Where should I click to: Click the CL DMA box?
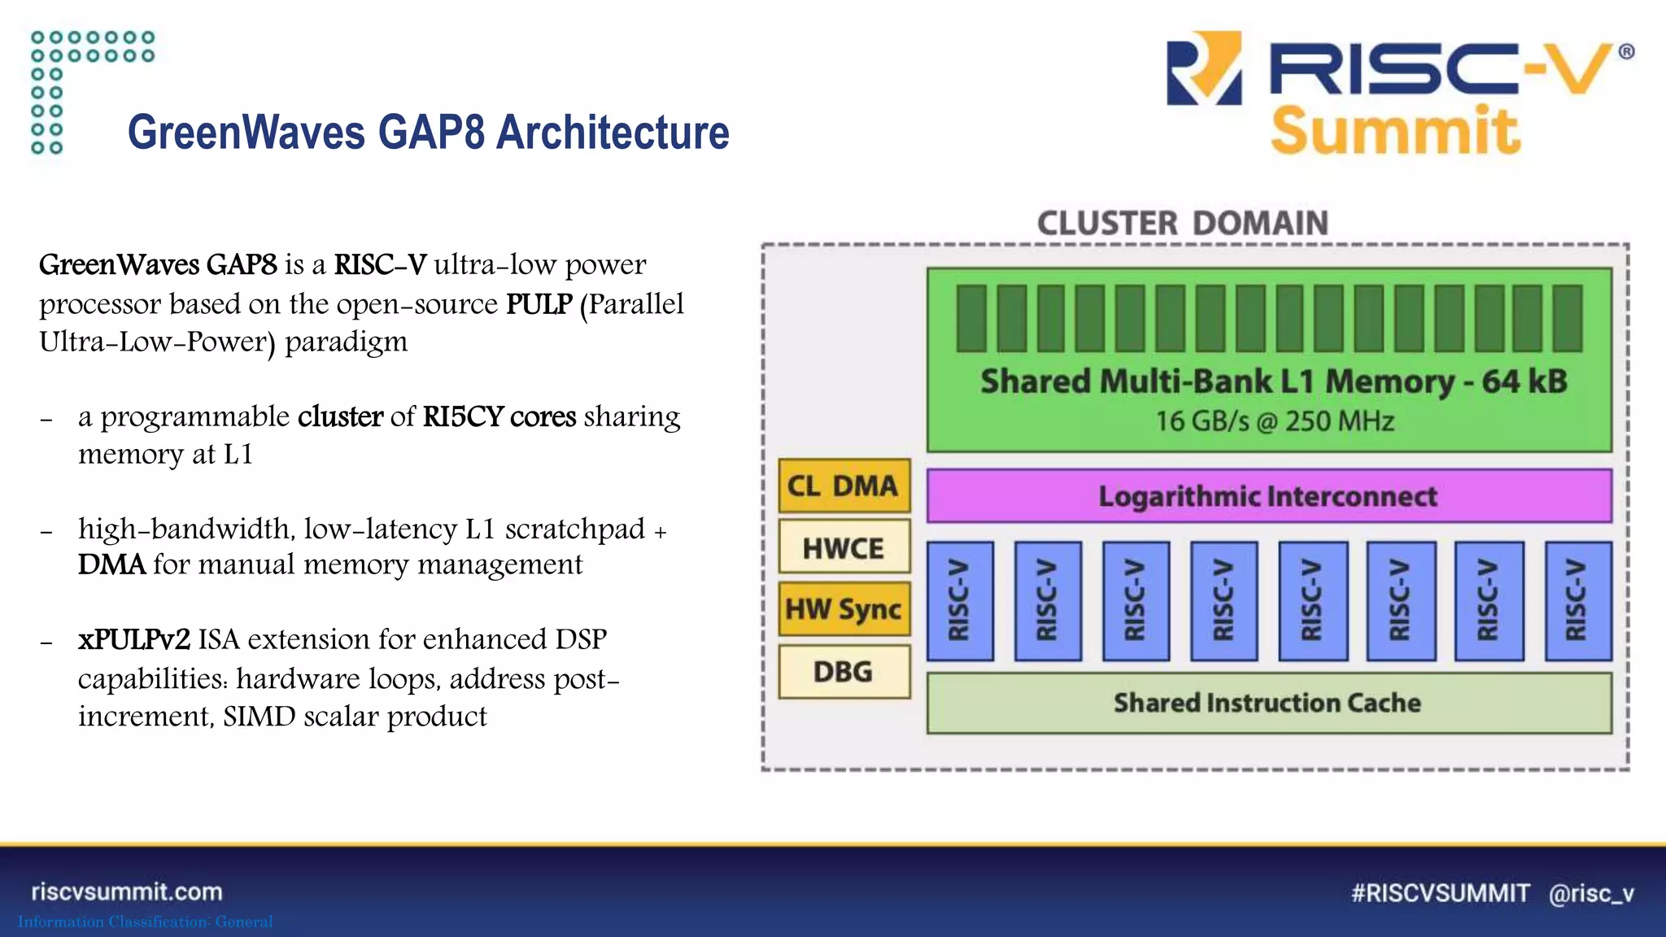[x=844, y=486]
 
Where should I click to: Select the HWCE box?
[x=844, y=547]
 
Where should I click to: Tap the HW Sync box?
[x=844, y=608]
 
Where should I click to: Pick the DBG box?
[x=844, y=671]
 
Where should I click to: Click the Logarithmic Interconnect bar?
[x=1268, y=495]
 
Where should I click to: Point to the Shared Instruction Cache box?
[x=1268, y=703]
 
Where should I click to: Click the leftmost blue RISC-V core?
[x=960, y=600]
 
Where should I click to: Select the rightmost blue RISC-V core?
[x=1577, y=600]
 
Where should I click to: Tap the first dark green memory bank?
[x=971, y=318]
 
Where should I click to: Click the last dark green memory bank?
[x=1567, y=318]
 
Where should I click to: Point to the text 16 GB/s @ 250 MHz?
[x=1275, y=421]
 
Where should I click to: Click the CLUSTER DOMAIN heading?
[x=1182, y=223]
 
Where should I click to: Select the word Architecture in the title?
[x=613, y=133]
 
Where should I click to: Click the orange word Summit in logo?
[x=1395, y=131]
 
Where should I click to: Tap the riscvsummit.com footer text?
[x=127, y=891]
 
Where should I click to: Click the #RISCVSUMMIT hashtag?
[x=1440, y=893]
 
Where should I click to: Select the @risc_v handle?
[x=1591, y=893]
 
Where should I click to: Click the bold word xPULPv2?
[x=134, y=639]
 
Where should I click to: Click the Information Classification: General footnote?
[x=146, y=922]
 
